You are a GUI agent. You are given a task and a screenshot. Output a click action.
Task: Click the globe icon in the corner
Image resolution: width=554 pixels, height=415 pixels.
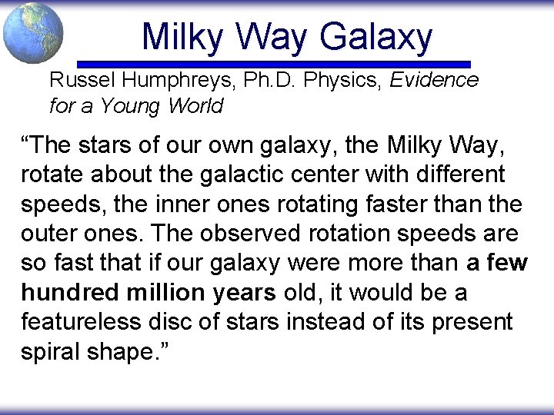[x=33, y=33]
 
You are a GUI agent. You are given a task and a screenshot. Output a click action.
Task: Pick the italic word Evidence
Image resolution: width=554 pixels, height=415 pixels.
[x=434, y=80]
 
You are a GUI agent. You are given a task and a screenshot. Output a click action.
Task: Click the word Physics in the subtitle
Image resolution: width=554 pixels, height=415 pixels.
[x=337, y=80]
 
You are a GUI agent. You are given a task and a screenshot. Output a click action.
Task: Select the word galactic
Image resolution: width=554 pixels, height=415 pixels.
[x=235, y=174]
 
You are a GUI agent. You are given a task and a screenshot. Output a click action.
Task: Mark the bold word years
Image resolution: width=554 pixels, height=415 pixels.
[x=243, y=293]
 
